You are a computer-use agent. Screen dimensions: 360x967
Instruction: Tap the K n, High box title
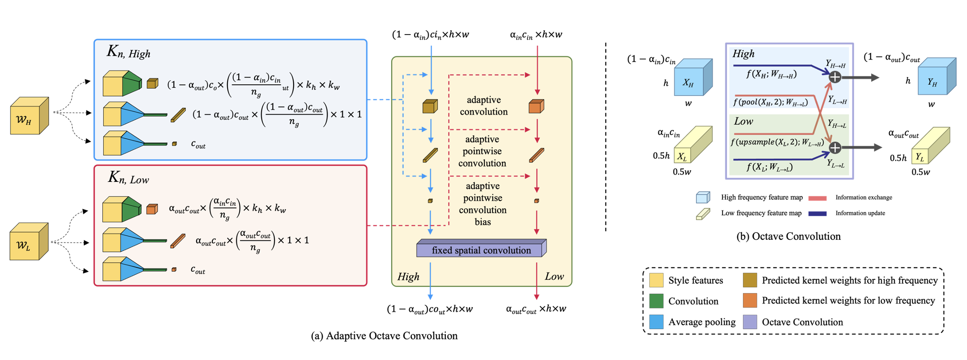tap(128, 52)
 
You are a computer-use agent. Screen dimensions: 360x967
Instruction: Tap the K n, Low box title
tap(128, 178)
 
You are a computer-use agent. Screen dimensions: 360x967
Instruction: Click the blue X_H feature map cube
tap(692, 78)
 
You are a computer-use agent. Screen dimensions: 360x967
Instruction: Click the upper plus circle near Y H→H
tap(835, 77)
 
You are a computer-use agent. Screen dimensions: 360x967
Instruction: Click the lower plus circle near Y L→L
tap(835, 148)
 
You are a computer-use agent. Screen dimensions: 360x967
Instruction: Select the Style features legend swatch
tap(656, 280)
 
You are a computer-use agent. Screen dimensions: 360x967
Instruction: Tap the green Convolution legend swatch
tap(656, 301)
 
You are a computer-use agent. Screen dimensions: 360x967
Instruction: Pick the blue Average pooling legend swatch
tap(656, 322)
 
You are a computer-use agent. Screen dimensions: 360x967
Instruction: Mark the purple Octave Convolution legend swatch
tap(750, 322)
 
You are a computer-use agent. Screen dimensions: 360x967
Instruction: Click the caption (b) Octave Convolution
tap(788, 236)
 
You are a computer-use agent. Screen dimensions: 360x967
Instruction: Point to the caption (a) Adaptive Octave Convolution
tap(384, 336)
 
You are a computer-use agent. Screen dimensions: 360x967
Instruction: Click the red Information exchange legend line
tap(817, 198)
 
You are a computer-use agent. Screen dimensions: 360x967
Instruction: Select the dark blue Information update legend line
tap(817, 213)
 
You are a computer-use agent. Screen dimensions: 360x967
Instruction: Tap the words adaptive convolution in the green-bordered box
tap(483, 106)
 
